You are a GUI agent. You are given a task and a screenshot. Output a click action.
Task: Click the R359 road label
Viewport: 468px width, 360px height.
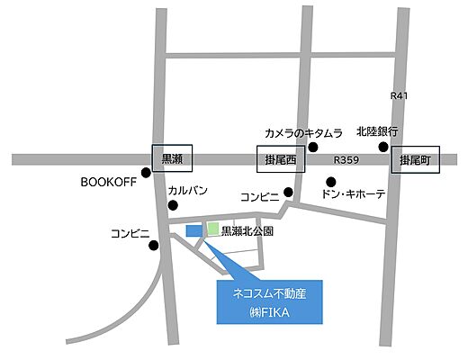tap(346, 160)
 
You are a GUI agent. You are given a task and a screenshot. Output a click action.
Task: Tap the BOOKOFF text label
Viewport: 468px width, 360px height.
tap(107, 182)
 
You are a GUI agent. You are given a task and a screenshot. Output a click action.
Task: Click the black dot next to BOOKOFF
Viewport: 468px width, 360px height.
tap(146, 173)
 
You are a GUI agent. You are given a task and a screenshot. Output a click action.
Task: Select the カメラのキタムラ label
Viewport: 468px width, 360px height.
tap(303, 132)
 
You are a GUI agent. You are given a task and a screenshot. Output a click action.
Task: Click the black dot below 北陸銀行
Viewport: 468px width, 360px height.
tap(382, 147)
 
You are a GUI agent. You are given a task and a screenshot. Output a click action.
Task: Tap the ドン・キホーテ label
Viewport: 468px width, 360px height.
tap(353, 193)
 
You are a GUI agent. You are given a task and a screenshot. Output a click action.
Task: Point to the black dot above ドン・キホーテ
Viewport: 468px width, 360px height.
tap(330, 181)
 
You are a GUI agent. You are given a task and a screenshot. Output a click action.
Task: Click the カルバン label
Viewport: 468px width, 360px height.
tap(188, 191)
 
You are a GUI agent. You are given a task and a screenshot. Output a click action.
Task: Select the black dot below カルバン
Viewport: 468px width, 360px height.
tap(174, 205)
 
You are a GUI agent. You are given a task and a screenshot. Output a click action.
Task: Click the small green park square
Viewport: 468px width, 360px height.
tap(213, 229)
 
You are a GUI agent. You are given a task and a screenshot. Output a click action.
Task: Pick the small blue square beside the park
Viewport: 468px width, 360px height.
tap(193, 231)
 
